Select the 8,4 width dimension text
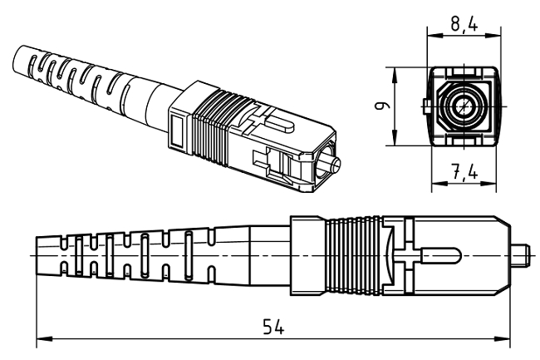pos(464,26)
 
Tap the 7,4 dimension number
pos(464,173)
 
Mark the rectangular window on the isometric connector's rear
pos(177,131)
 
